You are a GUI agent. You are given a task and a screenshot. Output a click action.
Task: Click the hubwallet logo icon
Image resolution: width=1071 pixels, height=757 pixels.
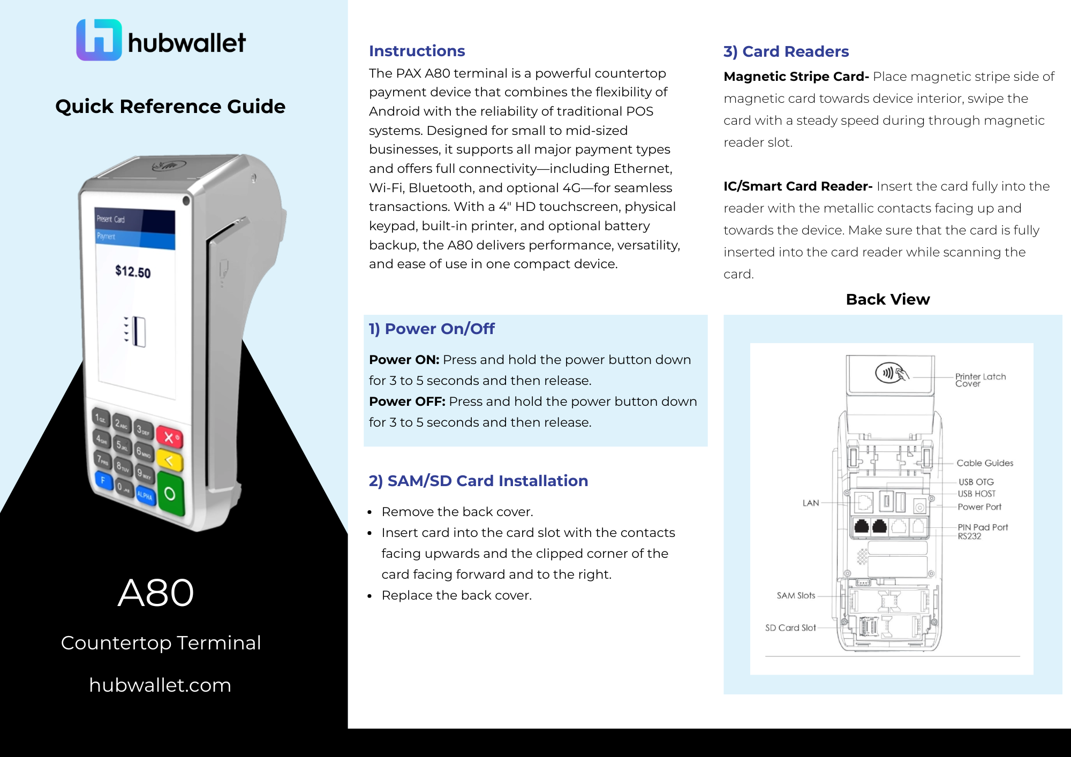coord(99,40)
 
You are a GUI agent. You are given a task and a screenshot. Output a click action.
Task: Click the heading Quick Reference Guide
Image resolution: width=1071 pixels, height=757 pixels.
coord(170,107)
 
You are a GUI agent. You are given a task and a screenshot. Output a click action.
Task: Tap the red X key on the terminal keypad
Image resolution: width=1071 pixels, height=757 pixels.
coord(170,437)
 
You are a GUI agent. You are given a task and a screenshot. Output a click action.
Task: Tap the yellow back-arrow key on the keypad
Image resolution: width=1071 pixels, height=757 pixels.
coord(170,461)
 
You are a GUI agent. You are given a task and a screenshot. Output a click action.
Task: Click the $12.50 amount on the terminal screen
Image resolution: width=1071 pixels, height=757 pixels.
coord(133,271)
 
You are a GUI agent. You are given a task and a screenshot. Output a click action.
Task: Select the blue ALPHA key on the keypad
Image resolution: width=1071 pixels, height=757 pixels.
coord(145,495)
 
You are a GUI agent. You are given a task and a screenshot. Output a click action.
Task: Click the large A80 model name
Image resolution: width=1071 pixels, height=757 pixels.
coord(156,593)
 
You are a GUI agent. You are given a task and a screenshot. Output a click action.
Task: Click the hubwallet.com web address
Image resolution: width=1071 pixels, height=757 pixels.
coord(160,685)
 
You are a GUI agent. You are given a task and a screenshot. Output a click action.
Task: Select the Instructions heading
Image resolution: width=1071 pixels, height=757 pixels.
coord(417,51)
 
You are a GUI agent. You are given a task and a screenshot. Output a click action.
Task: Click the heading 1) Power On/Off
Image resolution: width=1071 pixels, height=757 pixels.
coord(432,329)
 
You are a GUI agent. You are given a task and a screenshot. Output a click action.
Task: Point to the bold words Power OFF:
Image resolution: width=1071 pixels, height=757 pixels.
coord(407,402)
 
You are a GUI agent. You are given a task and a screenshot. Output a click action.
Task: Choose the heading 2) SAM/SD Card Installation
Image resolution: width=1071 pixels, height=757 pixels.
coord(478,481)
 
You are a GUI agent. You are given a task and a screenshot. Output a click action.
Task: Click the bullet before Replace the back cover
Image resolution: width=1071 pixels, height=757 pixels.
coord(369,596)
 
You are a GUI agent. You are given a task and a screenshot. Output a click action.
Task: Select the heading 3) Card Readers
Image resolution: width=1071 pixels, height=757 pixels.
coord(786,51)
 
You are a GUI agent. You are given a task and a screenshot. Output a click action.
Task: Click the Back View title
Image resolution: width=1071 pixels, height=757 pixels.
coord(888,299)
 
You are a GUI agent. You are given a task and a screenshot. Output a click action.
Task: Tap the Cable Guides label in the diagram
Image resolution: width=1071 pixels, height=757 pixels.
coord(985,463)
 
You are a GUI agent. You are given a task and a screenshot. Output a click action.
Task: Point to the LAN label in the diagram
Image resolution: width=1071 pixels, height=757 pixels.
coord(811,503)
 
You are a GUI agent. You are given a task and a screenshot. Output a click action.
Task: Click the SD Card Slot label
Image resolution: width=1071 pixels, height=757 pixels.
coord(790,627)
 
